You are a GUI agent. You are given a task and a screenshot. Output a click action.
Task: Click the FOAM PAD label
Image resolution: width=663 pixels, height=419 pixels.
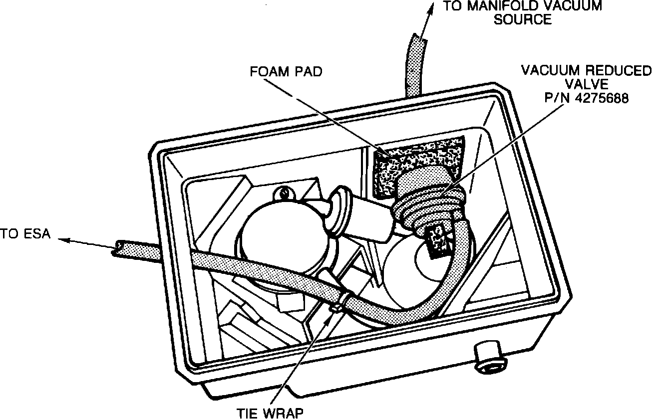coord(286,71)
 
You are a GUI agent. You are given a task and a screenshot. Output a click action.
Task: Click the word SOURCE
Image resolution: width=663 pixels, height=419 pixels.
coord(523,20)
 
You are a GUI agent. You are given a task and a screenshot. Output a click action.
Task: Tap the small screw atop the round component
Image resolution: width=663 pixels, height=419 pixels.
coord(285,191)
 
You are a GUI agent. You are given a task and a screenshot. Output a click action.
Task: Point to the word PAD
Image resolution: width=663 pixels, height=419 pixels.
coord(310,71)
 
